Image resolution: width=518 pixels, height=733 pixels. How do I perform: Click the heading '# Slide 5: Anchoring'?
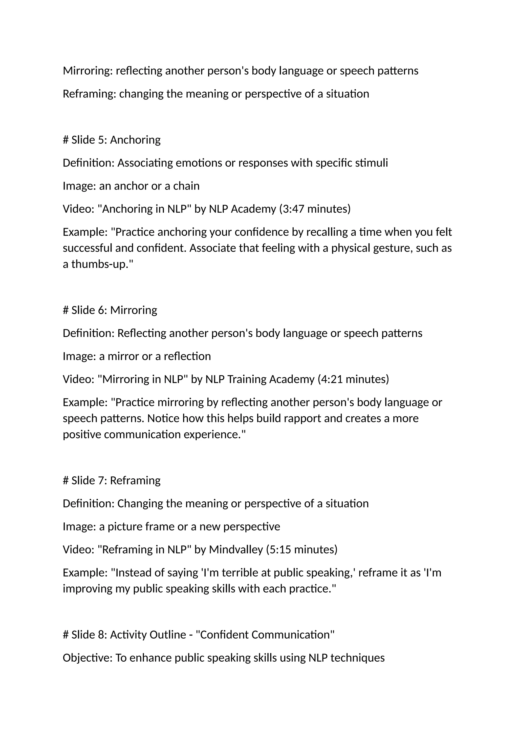(x=112, y=140)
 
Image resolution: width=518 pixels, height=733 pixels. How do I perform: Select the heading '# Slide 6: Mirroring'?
(x=110, y=310)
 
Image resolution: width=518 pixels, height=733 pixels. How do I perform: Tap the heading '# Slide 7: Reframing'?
(x=112, y=480)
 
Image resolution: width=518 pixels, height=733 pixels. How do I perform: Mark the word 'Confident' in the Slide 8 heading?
(x=224, y=635)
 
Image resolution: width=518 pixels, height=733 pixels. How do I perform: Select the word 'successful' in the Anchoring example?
(x=87, y=248)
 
